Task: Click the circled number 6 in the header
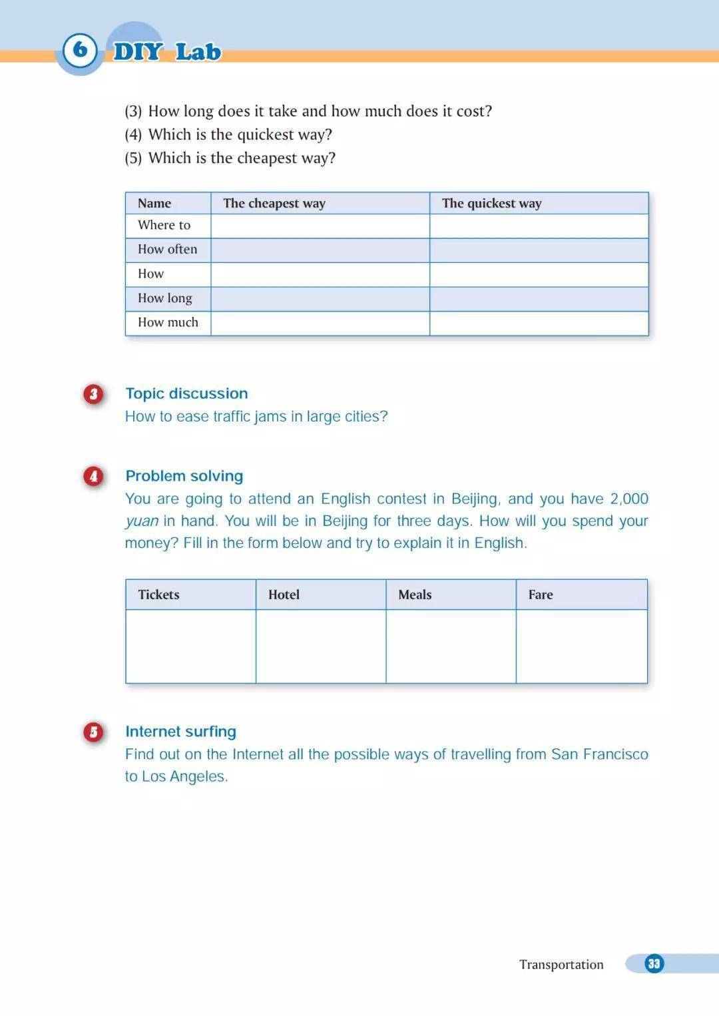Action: (80, 50)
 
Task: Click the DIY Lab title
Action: (167, 52)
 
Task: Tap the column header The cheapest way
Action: (274, 203)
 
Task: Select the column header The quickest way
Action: (492, 203)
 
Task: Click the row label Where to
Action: (164, 225)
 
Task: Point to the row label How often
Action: (168, 249)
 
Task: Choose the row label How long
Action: (165, 298)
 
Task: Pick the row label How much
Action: (168, 322)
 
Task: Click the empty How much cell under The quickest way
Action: (539, 323)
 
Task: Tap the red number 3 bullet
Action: (94, 394)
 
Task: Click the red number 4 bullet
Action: (94, 476)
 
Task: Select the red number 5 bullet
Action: (94, 732)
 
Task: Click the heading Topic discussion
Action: (186, 393)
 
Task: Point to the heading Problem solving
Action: (184, 476)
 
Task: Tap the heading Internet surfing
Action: (181, 732)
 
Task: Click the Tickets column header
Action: (158, 595)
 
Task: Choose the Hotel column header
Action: (284, 595)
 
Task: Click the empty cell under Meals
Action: (451, 646)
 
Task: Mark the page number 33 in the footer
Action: (654, 963)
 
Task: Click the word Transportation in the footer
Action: (561, 965)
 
